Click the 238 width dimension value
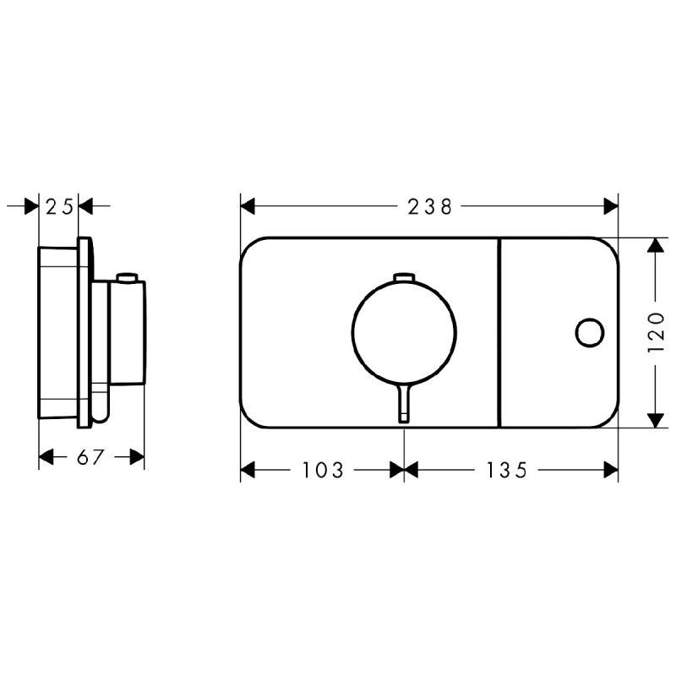pos(430,207)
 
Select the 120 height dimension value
pos(656,332)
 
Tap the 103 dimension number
pos(323,470)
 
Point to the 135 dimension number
pos(506,470)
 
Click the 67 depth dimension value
pos(91,457)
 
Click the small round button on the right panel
pos(590,332)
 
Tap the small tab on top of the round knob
pos(404,276)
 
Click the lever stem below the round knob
pos(404,403)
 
